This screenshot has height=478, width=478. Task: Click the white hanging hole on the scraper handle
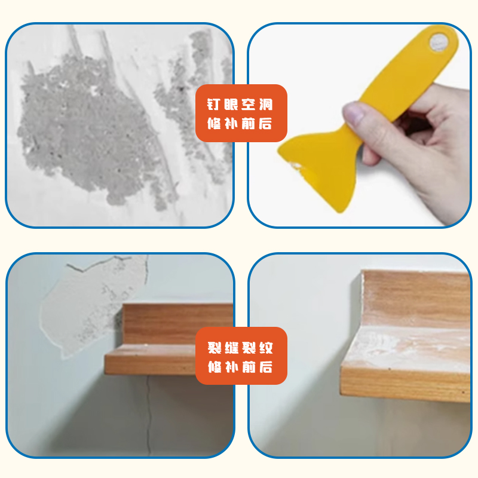[x=440, y=42]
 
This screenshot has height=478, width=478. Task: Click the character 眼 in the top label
[x=233, y=105]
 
